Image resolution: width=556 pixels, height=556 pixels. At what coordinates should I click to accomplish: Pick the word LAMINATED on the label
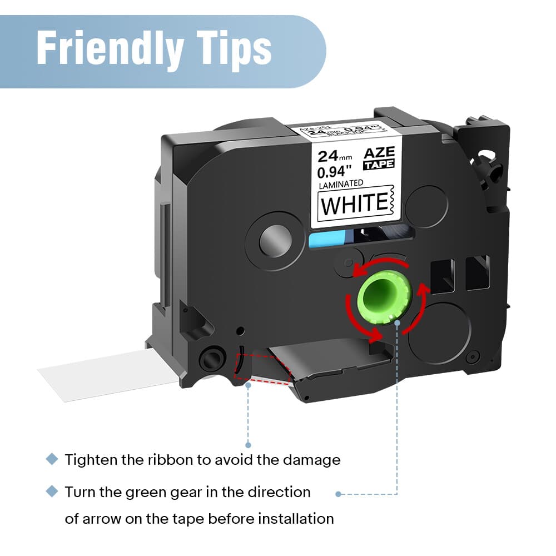tap(340, 182)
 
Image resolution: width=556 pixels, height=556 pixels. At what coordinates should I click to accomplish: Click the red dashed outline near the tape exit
tap(261, 369)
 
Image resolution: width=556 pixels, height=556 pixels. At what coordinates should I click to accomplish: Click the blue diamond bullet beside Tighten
tap(52, 459)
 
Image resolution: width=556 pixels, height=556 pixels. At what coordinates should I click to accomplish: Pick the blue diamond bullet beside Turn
tap(52, 492)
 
